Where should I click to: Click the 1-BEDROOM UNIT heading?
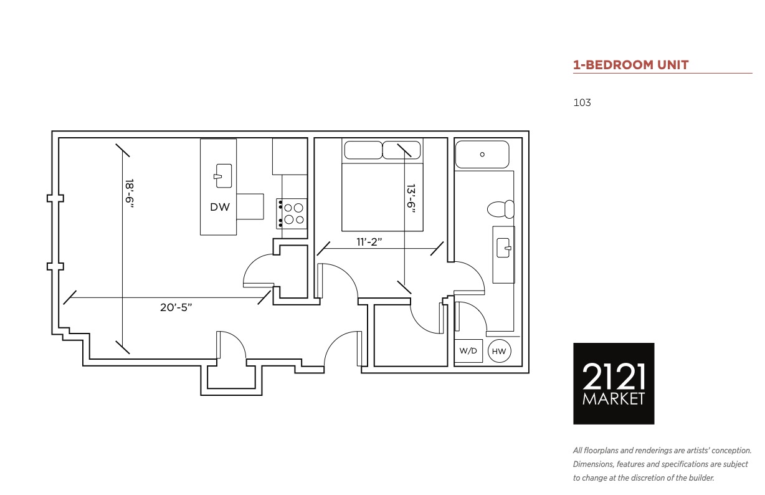click(x=630, y=65)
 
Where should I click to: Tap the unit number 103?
click(x=582, y=103)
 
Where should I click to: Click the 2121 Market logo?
click(x=614, y=383)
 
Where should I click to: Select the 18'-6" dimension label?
click(x=130, y=193)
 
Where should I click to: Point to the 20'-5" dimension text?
click(x=176, y=307)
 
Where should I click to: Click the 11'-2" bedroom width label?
click(x=369, y=242)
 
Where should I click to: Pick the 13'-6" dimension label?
click(x=411, y=199)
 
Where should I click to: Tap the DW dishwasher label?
click(x=220, y=207)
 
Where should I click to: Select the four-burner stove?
click(x=292, y=214)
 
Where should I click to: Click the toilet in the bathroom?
click(x=501, y=209)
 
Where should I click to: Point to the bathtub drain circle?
click(x=482, y=155)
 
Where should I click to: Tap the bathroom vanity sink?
click(x=504, y=248)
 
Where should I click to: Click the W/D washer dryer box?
click(x=468, y=351)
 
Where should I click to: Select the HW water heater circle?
click(x=499, y=351)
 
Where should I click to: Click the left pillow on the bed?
click(x=363, y=150)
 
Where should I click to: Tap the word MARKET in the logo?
click(x=614, y=399)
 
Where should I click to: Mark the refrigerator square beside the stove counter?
click(x=290, y=156)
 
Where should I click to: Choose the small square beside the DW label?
click(x=250, y=206)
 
